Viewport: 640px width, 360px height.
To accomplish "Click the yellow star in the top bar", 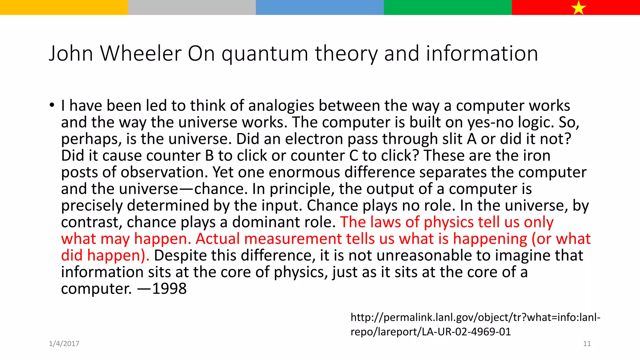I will [x=578, y=8].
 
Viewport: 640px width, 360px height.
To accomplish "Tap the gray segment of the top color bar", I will [x=192, y=7].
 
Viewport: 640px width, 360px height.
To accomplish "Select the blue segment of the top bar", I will [x=320, y=7].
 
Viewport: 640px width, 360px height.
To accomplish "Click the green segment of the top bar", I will [x=447, y=7].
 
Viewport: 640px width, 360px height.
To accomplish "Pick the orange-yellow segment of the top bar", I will [x=64, y=7].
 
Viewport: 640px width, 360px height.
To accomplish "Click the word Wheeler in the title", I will [x=141, y=53].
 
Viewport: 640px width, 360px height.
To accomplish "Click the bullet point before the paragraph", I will [x=52, y=105].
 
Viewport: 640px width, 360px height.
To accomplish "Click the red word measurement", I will [x=293, y=239].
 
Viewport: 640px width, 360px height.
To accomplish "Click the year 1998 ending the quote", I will [x=169, y=289].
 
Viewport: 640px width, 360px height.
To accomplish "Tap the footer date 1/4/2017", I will [x=64, y=344].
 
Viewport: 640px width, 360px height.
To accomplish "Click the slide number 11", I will [x=587, y=344].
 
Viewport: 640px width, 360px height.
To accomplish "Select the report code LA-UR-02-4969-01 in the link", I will [x=466, y=332].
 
